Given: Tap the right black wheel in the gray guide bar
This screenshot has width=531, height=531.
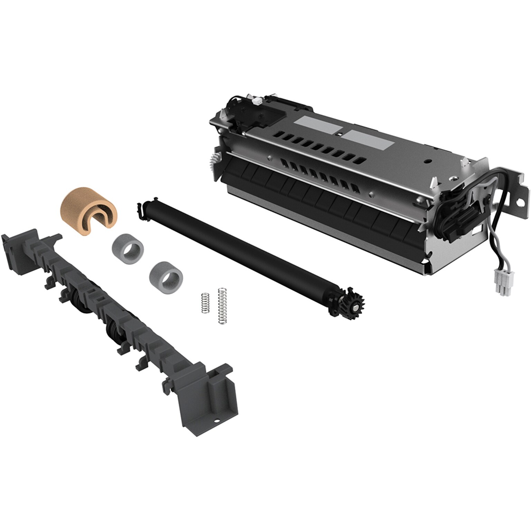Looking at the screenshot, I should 114,326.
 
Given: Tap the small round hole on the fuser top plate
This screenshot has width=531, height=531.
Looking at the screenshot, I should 428,161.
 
